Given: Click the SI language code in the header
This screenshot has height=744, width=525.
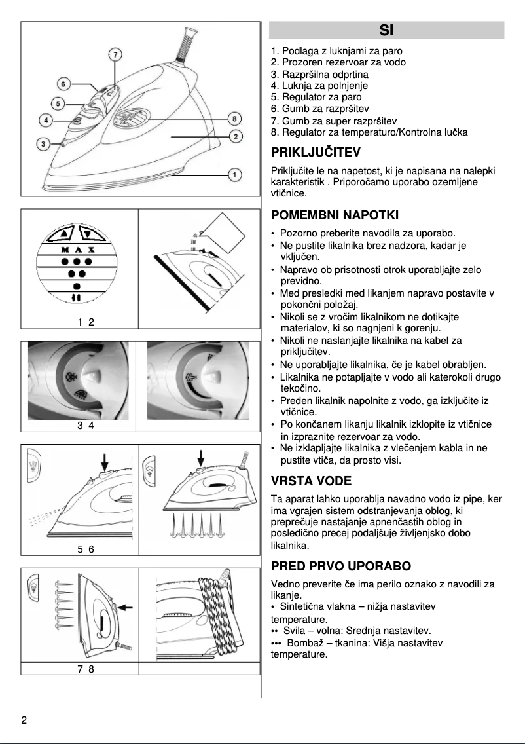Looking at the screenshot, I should pyautogui.click(x=386, y=30).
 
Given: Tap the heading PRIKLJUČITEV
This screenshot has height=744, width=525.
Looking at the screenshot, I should pyautogui.click(x=316, y=153).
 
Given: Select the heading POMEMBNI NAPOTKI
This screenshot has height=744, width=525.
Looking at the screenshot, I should pyautogui.click(x=335, y=215).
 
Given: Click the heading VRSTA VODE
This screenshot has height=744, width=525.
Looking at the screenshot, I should pyautogui.click(x=311, y=481).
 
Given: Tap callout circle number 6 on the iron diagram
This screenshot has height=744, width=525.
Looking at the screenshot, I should pyautogui.click(x=63, y=84).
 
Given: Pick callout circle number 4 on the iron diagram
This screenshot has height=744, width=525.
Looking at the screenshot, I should pyautogui.click(x=46, y=120).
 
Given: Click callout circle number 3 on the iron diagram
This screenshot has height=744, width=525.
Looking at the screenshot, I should pyautogui.click(x=43, y=143).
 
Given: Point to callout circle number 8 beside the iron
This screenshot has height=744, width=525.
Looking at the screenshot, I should pyautogui.click(x=234, y=119).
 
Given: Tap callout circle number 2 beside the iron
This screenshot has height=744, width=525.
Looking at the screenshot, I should pyautogui.click(x=234, y=137).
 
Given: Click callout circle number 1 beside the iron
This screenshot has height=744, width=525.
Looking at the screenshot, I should pyautogui.click(x=234, y=174).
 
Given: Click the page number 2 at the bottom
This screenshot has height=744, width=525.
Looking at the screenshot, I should pyautogui.click(x=24, y=721).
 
